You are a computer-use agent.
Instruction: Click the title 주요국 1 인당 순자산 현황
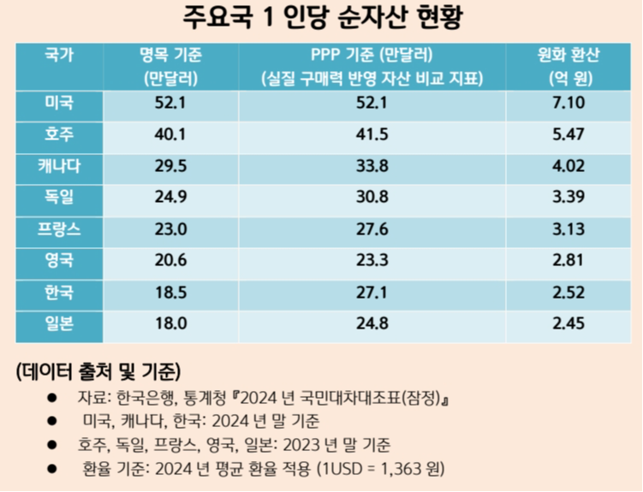coord(321,16)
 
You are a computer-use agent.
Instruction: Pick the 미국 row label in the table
coord(59,104)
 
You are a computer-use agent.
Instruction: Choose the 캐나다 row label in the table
coord(59,165)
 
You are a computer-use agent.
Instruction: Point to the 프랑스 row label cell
coord(59,229)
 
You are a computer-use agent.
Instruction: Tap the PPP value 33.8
coord(372,166)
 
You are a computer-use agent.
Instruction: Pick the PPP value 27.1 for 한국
coord(372,292)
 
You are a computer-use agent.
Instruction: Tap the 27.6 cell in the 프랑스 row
coord(372,229)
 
